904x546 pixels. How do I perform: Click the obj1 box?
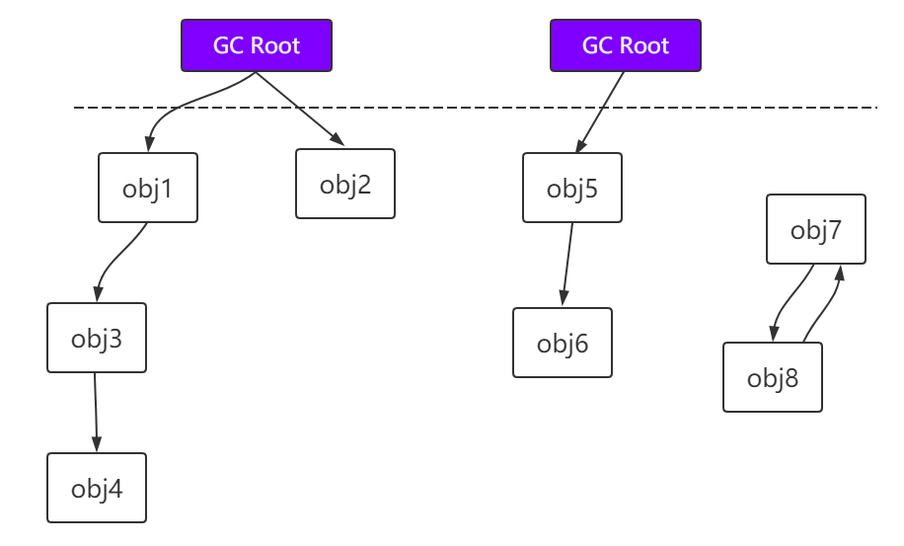pyautogui.click(x=148, y=188)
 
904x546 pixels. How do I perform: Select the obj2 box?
pyautogui.click(x=345, y=184)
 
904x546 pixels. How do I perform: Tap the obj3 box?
pyautogui.click(x=97, y=338)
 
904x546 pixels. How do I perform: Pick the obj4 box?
pyautogui.click(x=97, y=488)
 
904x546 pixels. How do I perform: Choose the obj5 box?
pyautogui.click(x=572, y=188)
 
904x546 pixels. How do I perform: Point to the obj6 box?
pyautogui.click(x=563, y=343)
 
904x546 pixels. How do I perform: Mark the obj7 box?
pyautogui.click(x=816, y=229)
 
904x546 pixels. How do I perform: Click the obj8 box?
pyautogui.click(x=773, y=377)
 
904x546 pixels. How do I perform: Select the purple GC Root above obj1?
pyautogui.click(x=257, y=45)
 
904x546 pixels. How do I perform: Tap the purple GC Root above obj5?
pyautogui.click(x=626, y=45)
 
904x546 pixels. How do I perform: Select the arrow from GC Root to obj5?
pyautogui.click(x=600, y=112)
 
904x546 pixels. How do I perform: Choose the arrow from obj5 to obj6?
pyautogui.click(x=567, y=262)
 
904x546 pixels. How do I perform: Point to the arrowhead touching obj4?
pyautogui.click(x=97, y=445)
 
